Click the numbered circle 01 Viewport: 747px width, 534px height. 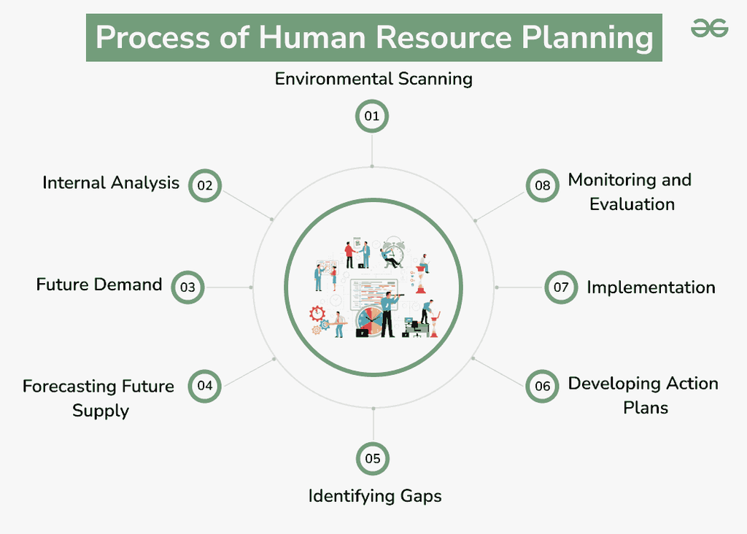click(372, 117)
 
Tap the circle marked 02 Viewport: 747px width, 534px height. click(205, 185)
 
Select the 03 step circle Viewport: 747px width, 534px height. click(188, 287)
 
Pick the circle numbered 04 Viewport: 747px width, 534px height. click(205, 386)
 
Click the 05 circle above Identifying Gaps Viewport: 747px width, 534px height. click(373, 459)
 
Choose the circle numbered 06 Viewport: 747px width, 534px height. click(542, 386)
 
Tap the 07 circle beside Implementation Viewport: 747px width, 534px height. click(560, 287)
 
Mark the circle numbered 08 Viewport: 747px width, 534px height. click(542, 185)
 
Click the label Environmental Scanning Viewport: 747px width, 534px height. click(373, 79)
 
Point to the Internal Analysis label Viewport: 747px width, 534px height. click(111, 182)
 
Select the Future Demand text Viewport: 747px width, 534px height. click(99, 284)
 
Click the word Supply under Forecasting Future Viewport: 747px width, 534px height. click(101, 411)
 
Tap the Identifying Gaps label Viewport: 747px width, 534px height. click(375, 496)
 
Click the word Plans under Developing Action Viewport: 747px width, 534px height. click(646, 407)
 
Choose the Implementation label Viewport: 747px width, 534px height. click(651, 287)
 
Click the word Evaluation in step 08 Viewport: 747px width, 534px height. click(632, 204)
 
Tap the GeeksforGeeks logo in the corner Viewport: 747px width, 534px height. click(709, 29)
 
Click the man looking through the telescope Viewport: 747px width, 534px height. click(387, 314)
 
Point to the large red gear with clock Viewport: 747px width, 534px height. click(317, 313)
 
